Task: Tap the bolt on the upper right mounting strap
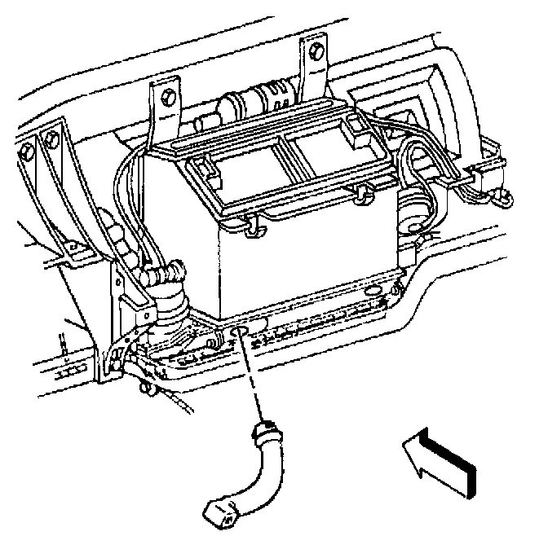pos(316,53)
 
